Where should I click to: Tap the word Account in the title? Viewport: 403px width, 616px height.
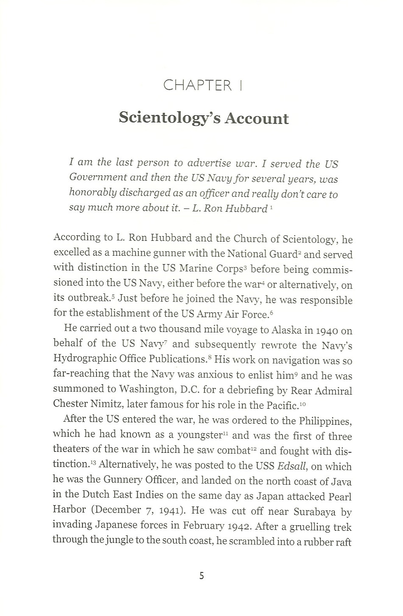point(257,118)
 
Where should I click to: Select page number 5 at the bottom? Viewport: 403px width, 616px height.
point(201,576)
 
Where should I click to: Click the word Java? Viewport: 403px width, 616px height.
point(341,482)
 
